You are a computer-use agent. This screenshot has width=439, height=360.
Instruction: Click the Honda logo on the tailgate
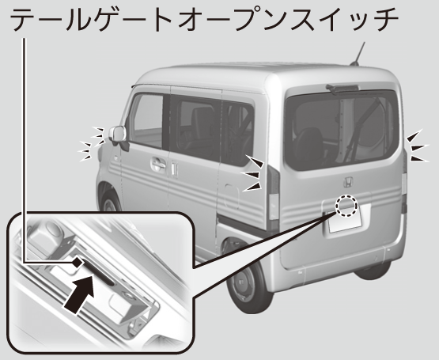point(348,182)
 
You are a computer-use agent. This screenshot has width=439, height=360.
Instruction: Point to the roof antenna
point(358,54)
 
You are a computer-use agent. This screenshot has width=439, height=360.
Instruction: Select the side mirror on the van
point(118,135)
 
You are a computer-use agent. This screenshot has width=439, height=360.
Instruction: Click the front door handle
point(158,165)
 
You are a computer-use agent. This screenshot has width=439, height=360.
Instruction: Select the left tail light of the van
point(274,196)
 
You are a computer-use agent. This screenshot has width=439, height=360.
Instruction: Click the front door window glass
point(148,120)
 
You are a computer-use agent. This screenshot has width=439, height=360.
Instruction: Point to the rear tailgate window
point(342,131)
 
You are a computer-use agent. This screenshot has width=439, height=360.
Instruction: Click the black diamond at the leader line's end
point(78,263)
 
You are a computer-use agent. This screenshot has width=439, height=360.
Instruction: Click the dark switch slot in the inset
point(98,272)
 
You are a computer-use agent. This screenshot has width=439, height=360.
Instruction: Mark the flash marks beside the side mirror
point(93,143)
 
